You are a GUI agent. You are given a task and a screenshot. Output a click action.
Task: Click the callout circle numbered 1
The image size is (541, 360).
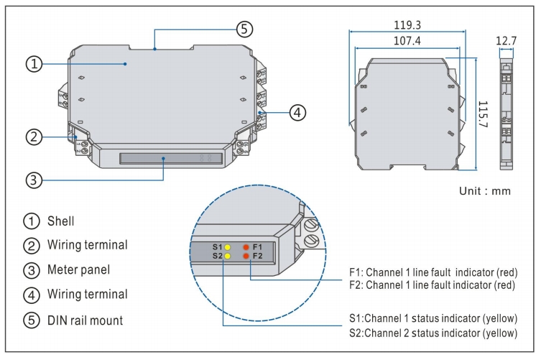pyautogui.click(x=33, y=64)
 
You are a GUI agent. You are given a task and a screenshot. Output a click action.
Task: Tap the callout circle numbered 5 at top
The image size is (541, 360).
pyautogui.click(x=245, y=29)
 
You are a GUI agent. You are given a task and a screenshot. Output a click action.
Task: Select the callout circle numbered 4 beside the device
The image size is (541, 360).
pyautogui.click(x=298, y=112)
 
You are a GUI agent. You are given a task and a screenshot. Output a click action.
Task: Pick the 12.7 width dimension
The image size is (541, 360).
pyautogui.click(x=506, y=42)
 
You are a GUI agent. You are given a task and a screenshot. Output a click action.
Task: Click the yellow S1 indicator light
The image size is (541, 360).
pyautogui.click(x=227, y=246)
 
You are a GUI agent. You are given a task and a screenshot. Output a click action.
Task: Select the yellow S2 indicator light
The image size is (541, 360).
pyautogui.click(x=227, y=256)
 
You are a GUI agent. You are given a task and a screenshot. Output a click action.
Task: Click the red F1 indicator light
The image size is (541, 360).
pyautogui.click(x=246, y=246)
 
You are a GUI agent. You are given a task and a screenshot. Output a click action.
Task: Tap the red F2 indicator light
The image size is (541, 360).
pyautogui.click(x=246, y=256)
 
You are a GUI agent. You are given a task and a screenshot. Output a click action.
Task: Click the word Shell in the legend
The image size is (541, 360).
pyautogui.click(x=61, y=221)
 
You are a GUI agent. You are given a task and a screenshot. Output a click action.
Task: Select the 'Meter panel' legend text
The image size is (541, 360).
pyautogui.click(x=78, y=269)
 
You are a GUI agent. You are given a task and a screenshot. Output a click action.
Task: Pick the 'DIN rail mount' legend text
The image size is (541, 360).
pyautogui.click(x=85, y=319)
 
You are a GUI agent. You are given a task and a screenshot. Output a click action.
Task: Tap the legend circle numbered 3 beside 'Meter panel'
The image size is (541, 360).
pyautogui.click(x=33, y=270)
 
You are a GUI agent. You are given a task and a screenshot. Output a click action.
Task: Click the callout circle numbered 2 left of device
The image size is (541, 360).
pyautogui.click(x=33, y=137)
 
